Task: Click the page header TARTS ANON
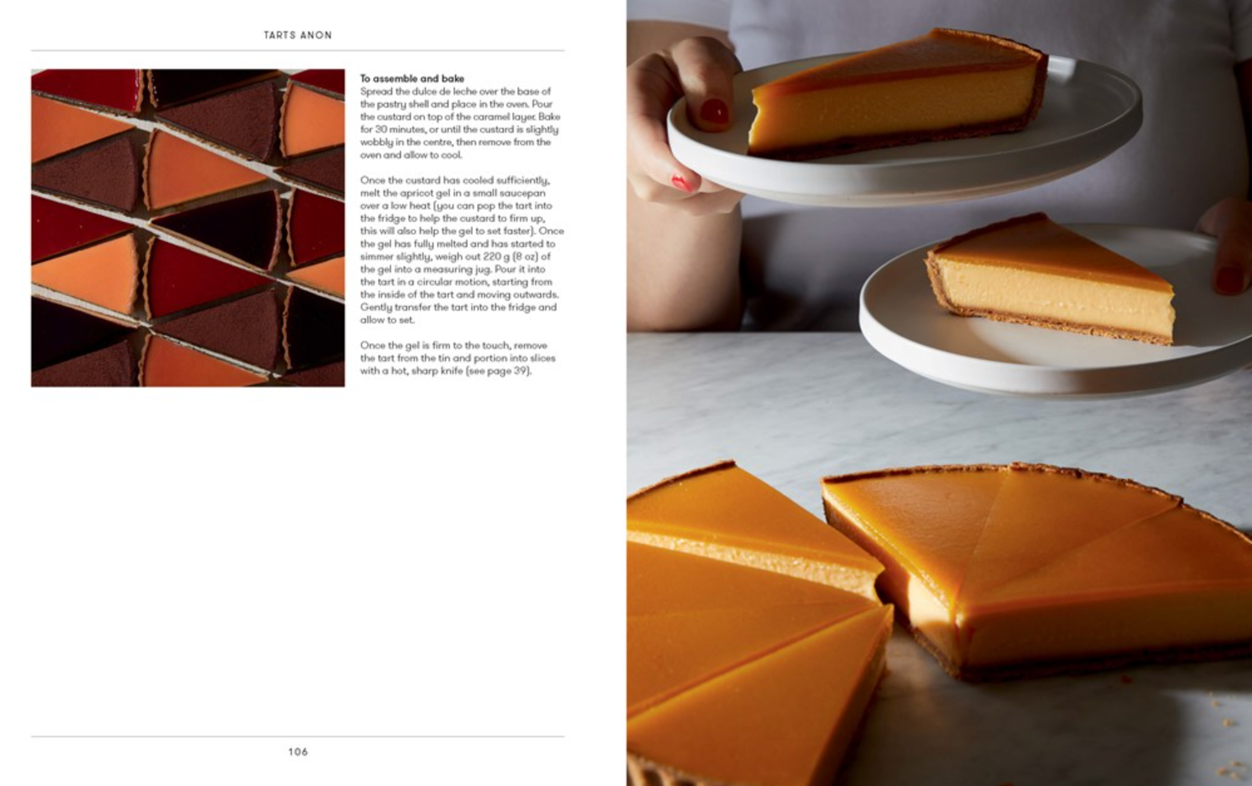[x=298, y=35]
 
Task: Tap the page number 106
[x=298, y=752]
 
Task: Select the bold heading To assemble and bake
[x=412, y=78]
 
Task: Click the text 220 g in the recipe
[x=497, y=256]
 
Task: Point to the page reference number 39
[x=520, y=370]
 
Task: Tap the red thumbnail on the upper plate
[x=713, y=112]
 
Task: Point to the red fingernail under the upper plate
[x=682, y=182]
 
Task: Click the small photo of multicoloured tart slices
[x=188, y=228]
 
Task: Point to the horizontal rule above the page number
[x=298, y=736]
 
